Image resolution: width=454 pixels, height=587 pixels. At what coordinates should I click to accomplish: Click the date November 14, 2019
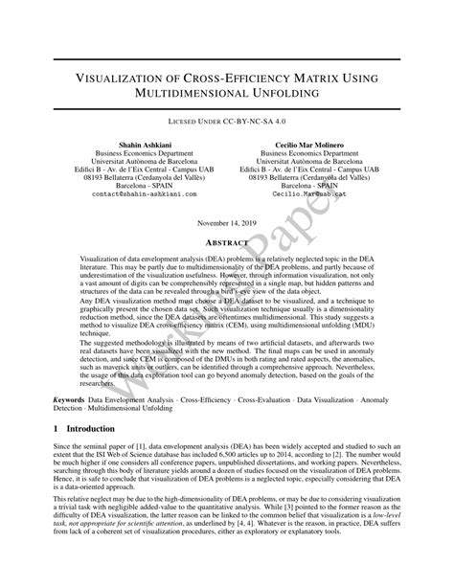pyautogui.click(x=227, y=223)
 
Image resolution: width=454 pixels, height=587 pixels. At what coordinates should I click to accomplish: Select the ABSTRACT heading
pyautogui.click(x=227, y=244)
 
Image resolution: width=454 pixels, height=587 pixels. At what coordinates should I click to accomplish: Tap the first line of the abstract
pyautogui.click(x=227, y=260)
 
